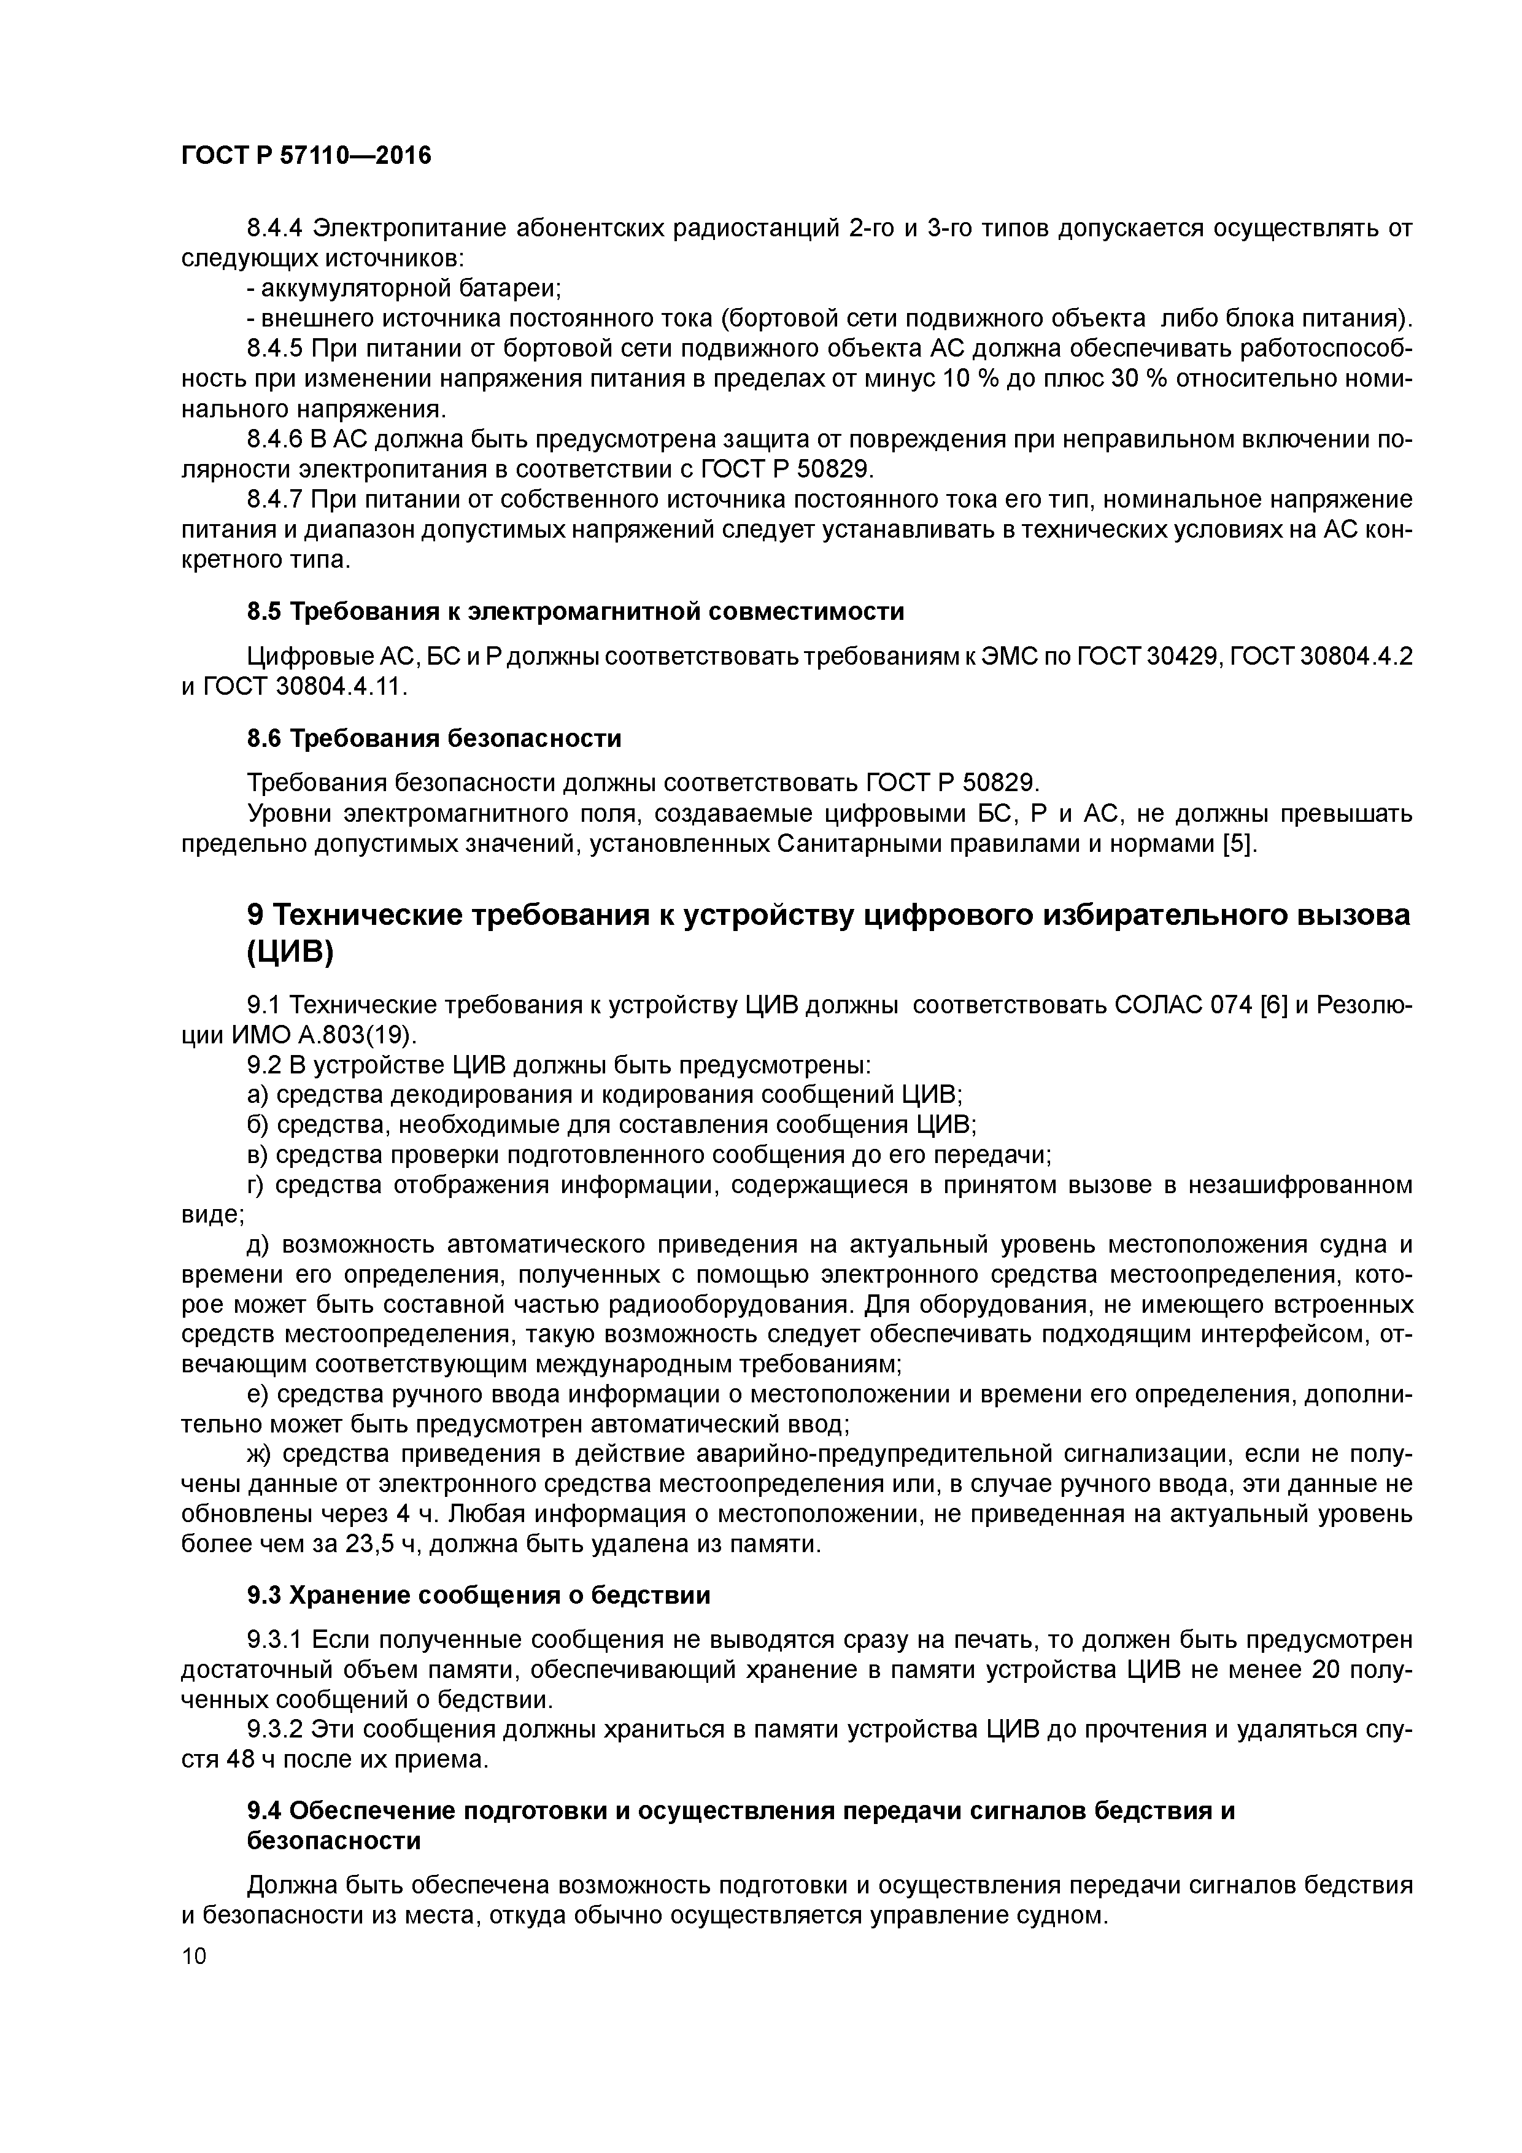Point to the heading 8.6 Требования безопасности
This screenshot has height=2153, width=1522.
click(x=433, y=739)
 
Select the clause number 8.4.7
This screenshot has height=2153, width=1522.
click(x=275, y=500)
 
